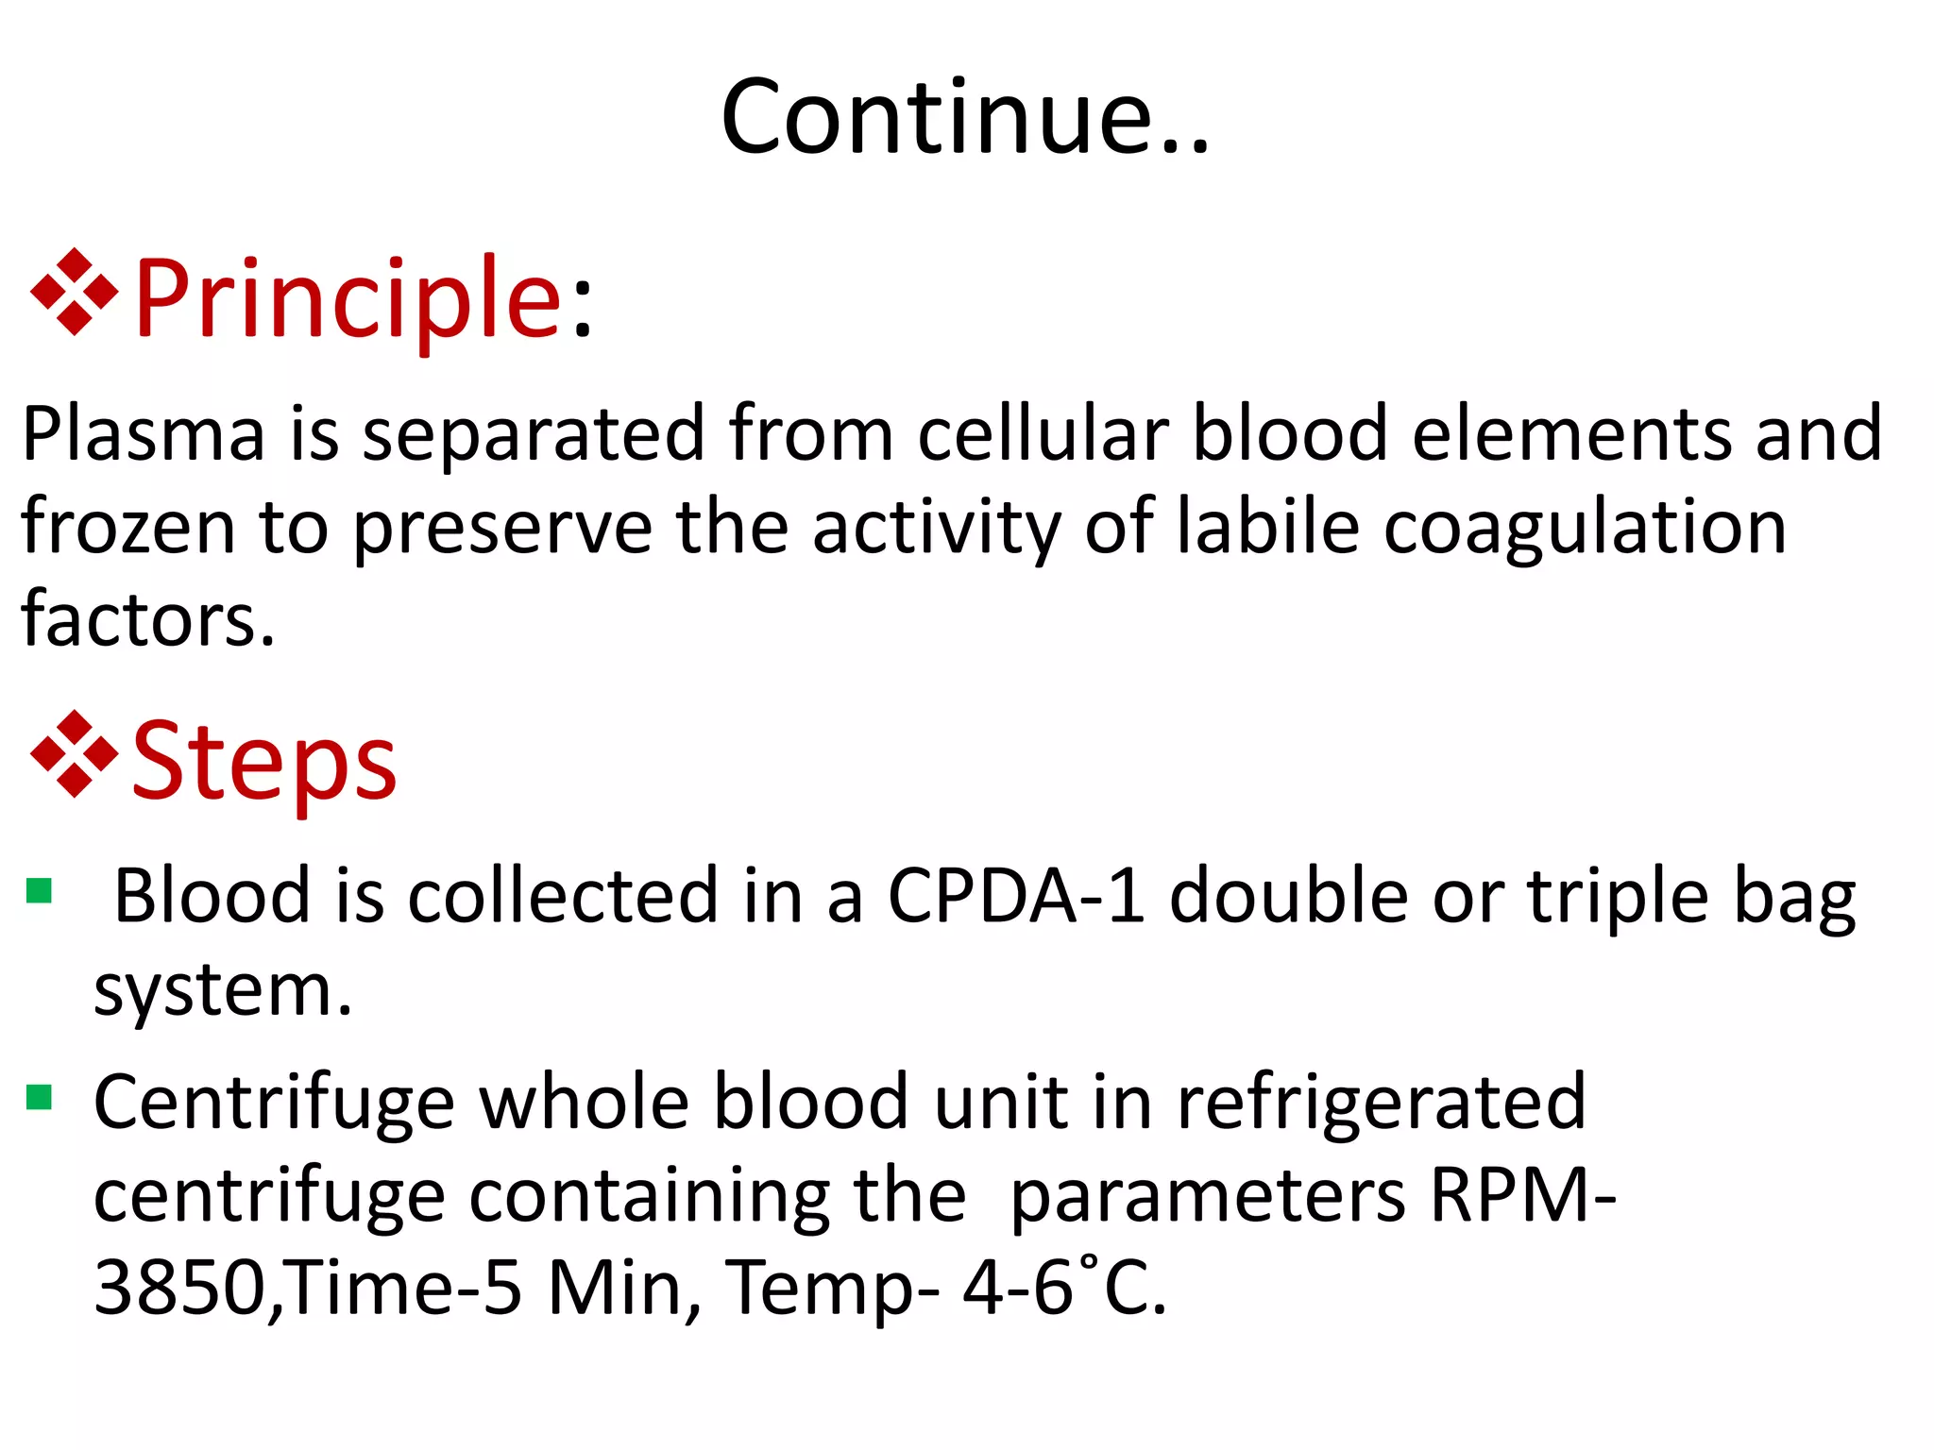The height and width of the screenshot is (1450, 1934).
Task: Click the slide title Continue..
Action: coord(964,117)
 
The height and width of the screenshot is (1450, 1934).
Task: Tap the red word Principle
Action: coord(349,300)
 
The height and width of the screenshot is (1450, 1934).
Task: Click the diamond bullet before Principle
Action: coord(75,293)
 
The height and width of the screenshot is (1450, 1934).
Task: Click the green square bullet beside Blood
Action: coord(39,890)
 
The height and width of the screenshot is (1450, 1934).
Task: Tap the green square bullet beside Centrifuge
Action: coord(39,1097)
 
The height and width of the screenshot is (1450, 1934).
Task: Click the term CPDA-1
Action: coord(1016,896)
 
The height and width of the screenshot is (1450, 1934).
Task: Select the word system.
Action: coord(223,991)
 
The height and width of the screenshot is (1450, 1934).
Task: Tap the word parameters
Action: coord(1208,1196)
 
